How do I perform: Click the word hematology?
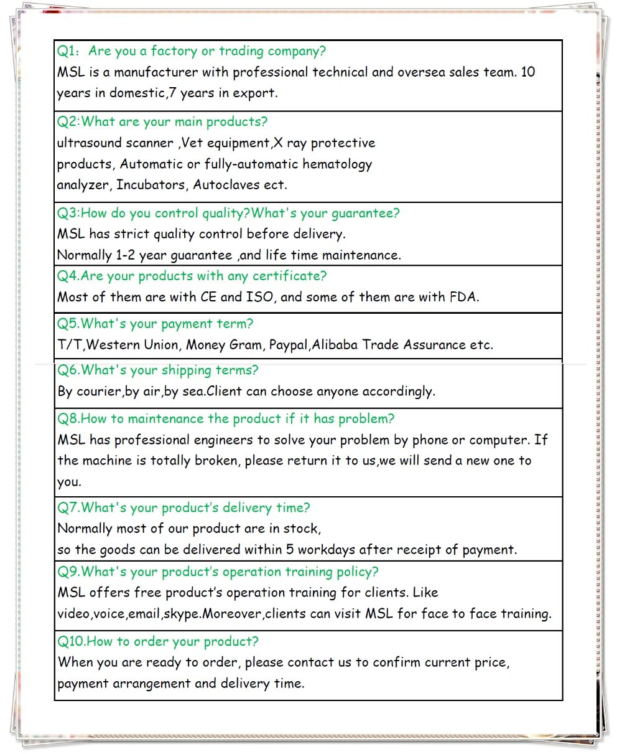(339, 164)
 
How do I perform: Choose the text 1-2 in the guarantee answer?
(125, 255)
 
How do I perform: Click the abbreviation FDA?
(463, 297)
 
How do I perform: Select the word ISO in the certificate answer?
(259, 297)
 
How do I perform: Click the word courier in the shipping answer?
(98, 392)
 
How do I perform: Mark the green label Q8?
(67, 419)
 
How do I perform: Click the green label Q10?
(70, 642)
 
